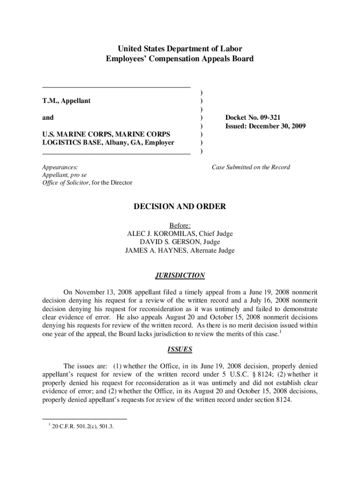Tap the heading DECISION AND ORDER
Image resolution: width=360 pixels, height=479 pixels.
180,206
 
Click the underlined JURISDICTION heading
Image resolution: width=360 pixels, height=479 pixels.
180,275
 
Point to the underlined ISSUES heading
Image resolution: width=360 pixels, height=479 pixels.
180,349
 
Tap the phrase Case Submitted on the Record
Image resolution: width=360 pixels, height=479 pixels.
251,167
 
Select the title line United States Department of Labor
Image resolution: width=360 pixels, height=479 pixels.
180,49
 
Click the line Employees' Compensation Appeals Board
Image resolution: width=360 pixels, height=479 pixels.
180,58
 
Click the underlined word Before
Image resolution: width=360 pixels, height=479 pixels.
180,225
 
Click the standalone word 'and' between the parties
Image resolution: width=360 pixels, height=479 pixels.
48,117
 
